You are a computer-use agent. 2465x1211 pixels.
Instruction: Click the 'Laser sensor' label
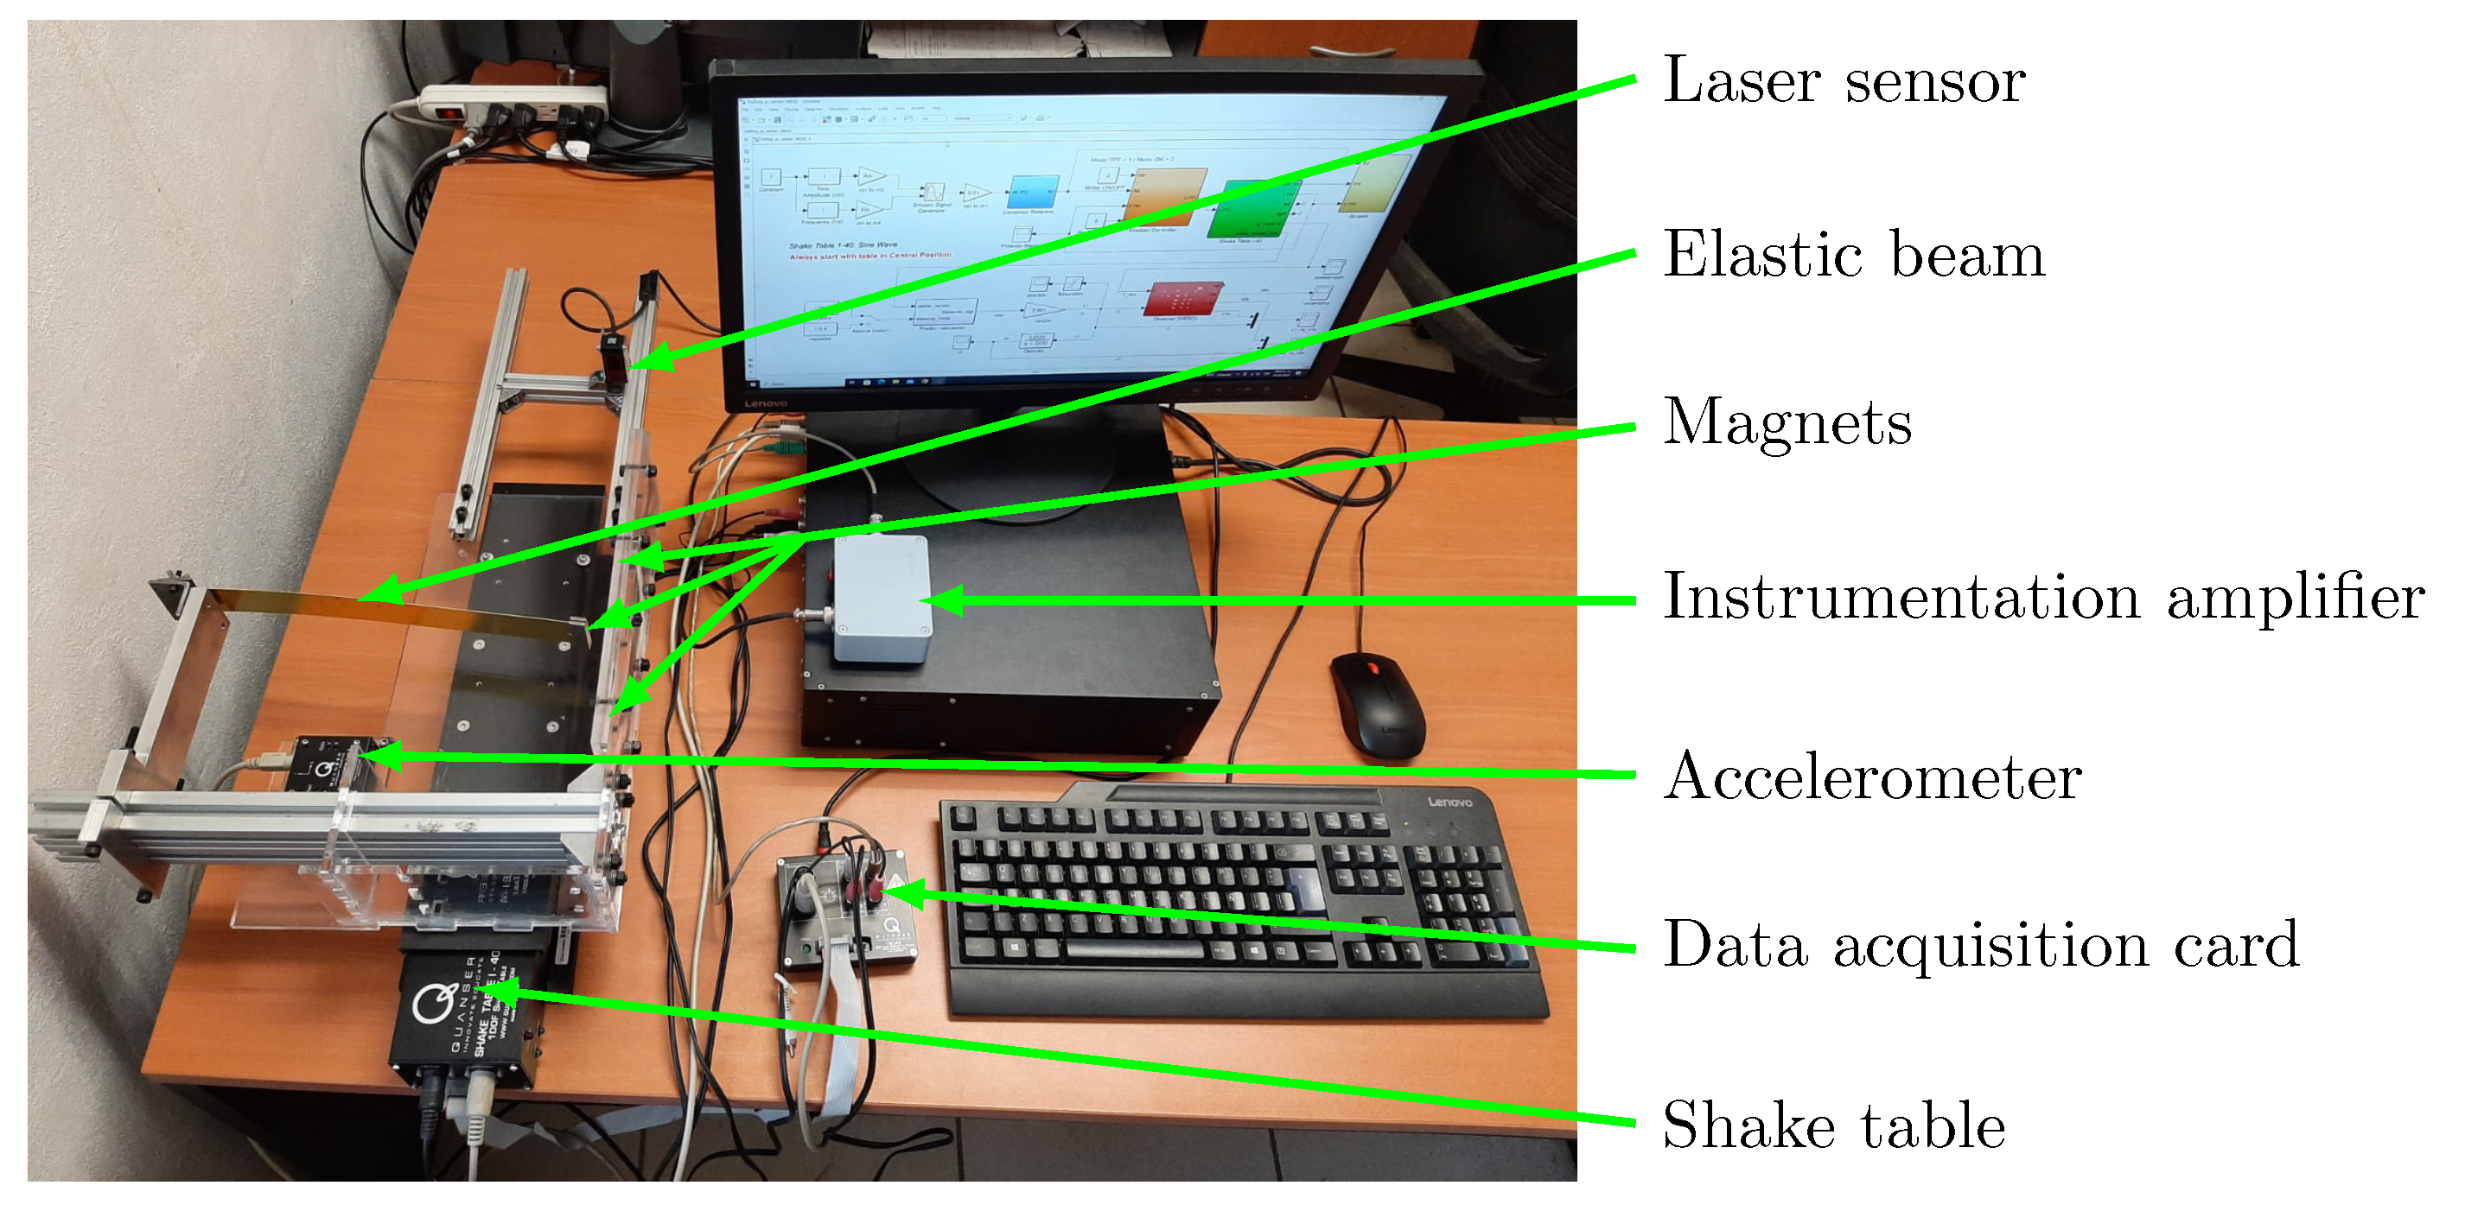(1843, 80)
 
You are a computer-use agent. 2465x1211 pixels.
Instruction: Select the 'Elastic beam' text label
(1854, 256)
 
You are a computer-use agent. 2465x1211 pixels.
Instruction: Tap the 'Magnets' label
(1787, 422)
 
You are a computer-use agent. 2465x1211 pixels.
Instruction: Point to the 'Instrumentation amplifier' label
(2043, 597)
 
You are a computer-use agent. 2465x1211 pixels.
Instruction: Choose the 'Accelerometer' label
(1872, 776)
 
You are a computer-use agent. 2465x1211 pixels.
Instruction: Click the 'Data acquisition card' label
(1980, 945)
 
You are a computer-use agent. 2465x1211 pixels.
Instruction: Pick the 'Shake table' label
(1833, 1125)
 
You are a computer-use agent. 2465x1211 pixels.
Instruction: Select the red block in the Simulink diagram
(1185, 301)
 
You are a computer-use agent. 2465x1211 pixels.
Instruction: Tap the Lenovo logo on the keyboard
(1449, 802)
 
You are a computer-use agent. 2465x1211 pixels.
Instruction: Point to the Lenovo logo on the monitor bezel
(766, 403)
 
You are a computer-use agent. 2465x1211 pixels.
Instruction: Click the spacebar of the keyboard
(1134, 949)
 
